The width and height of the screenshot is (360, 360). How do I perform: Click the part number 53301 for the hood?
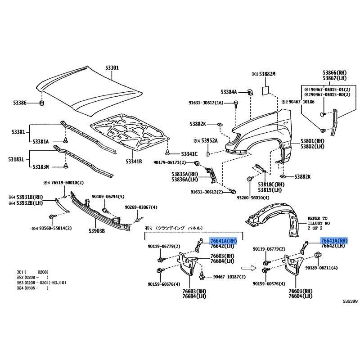tap(112, 68)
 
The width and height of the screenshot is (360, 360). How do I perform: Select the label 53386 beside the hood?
tap(20, 103)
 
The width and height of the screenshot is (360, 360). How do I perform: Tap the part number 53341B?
tap(134, 161)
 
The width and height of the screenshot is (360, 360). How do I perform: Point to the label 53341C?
tap(189, 154)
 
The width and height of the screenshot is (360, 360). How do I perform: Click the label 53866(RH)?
tap(335, 72)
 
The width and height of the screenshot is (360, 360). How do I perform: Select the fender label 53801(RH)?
tap(312, 141)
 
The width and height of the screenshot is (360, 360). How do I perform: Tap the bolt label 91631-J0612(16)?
tap(206, 103)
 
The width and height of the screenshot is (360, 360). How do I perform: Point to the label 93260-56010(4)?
tap(254, 198)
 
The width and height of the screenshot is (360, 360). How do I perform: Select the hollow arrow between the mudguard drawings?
tap(247, 268)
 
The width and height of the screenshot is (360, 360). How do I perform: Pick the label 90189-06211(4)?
tap(321, 268)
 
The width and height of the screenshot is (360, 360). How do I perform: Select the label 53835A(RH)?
tap(184, 174)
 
